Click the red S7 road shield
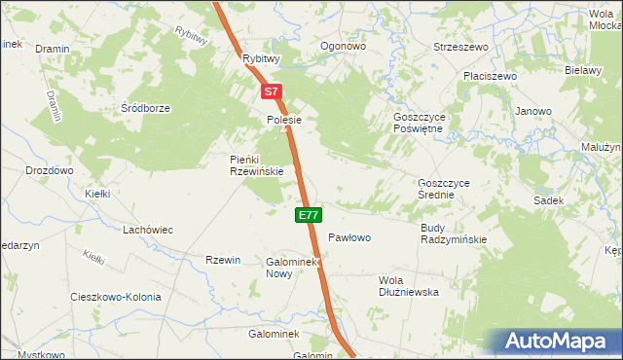click(x=273, y=92)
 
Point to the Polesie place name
click(x=285, y=120)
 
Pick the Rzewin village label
click(x=223, y=259)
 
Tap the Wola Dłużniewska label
click(x=409, y=285)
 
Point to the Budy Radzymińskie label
click(x=454, y=233)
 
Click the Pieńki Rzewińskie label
click(x=256, y=164)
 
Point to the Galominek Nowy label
click(x=293, y=268)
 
